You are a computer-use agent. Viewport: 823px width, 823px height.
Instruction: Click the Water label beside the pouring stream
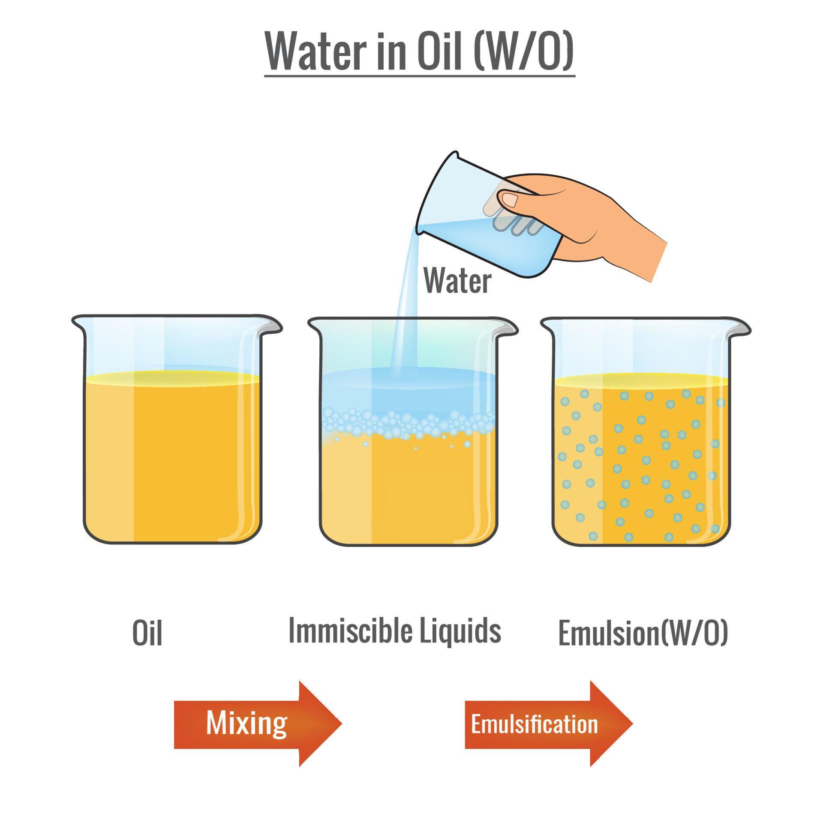coord(457,281)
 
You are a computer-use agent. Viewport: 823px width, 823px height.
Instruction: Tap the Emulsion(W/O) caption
coord(643,633)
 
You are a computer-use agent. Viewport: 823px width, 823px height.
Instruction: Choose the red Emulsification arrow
coord(549,724)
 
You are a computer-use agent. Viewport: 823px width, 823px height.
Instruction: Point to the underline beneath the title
coord(419,76)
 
